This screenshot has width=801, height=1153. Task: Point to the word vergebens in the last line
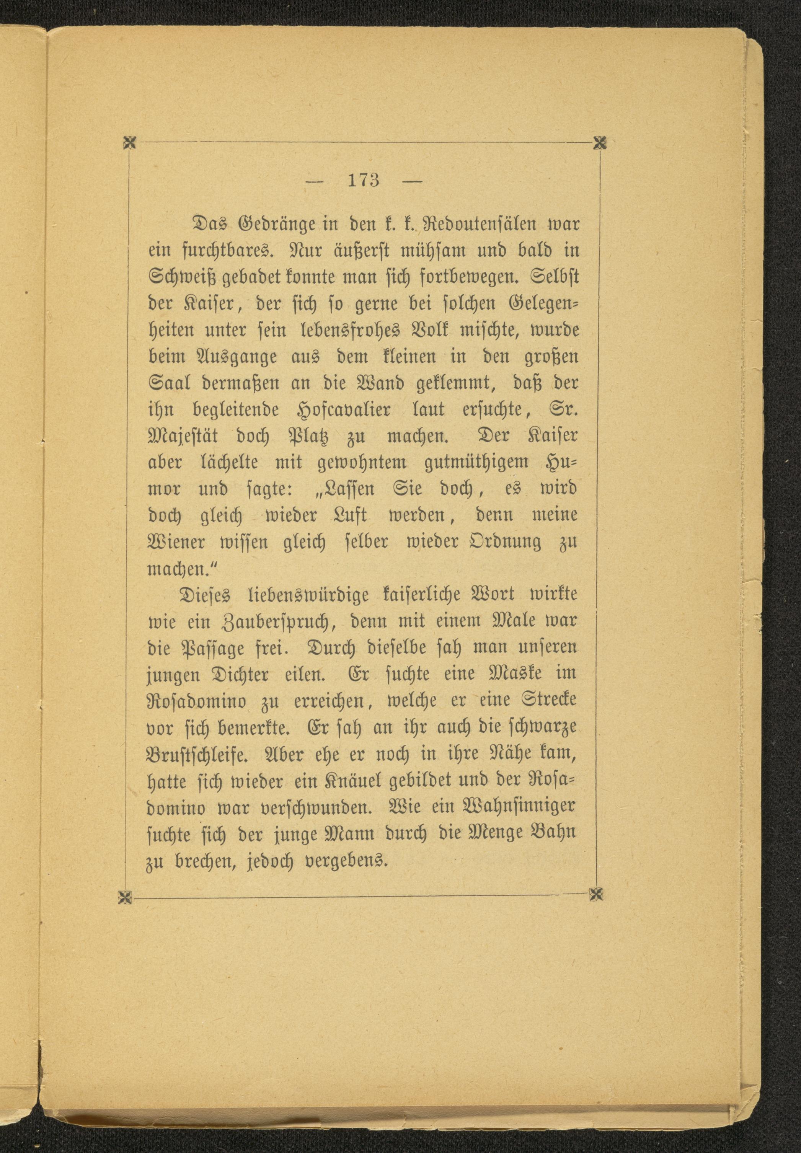[x=346, y=861]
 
